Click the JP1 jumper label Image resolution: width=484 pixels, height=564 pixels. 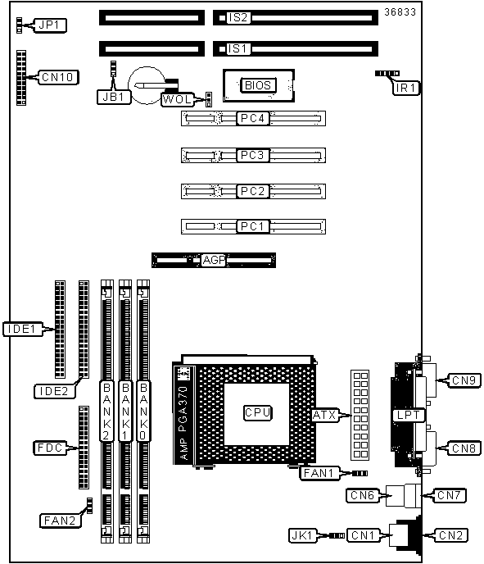point(50,25)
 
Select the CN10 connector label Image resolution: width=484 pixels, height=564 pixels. point(57,77)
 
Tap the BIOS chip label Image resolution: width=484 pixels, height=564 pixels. point(258,85)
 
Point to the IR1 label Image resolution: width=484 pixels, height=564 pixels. point(405,88)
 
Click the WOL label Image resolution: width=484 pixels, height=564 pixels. point(178,99)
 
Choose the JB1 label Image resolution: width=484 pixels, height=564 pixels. point(114,97)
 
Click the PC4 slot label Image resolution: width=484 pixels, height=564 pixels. point(252,118)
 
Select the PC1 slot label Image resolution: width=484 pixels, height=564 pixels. point(252,226)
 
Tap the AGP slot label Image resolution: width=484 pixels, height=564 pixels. point(214,260)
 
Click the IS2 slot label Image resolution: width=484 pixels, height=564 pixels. point(237,18)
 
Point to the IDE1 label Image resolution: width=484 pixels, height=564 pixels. point(22,329)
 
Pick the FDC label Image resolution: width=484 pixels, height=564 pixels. point(50,448)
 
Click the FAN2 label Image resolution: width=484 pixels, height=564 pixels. point(60,521)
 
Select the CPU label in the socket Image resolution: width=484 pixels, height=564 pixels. point(257,412)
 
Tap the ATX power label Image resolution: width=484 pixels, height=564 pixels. point(324,416)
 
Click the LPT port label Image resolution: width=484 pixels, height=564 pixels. point(408,415)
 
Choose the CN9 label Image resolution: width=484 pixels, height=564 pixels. point(464,380)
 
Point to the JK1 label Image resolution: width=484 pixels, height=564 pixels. point(302,535)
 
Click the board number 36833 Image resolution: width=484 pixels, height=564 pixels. point(400,12)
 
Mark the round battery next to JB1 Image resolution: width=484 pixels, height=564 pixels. point(147,85)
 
